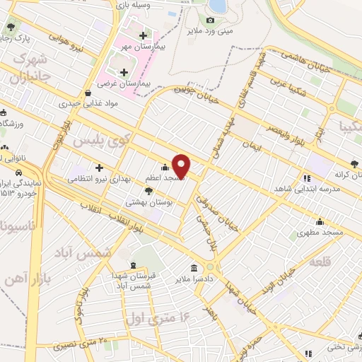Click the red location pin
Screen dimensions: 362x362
pyautogui.click(x=182, y=165)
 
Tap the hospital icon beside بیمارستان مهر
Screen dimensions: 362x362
pyautogui.click(x=144, y=35)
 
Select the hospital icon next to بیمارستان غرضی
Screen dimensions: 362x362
pyautogui.click(x=124, y=71)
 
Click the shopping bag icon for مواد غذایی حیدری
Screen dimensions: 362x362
pyautogui.click(x=87, y=93)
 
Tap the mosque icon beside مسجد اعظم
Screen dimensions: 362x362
pyautogui.click(x=165, y=168)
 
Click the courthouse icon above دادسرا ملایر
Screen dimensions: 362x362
pyautogui.click(x=194, y=267)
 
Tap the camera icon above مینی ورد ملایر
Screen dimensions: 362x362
pyautogui.click(x=210, y=21)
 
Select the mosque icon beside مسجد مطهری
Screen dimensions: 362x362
pyautogui.click(x=320, y=221)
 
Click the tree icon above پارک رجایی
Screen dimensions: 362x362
pyautogui.click(x=11, y=27)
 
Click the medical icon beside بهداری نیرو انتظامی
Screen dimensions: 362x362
pyautogui.click(x=100, y=168)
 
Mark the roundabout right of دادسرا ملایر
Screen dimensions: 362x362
pyautogui.click(x=210, y=267)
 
